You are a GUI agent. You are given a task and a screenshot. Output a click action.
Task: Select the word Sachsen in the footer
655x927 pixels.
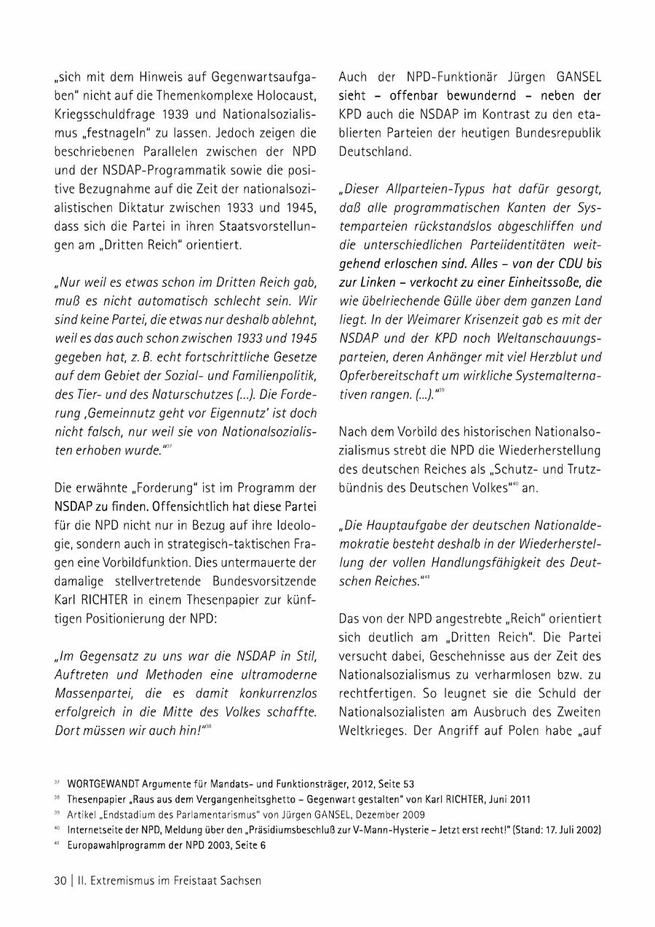[x=242, y=880]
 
